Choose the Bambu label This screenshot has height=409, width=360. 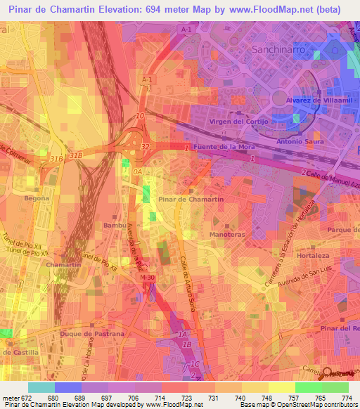pos(115,226)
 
